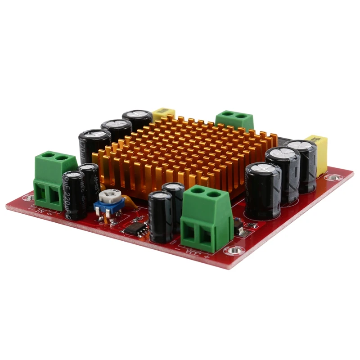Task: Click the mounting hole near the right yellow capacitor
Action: [335, 177]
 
